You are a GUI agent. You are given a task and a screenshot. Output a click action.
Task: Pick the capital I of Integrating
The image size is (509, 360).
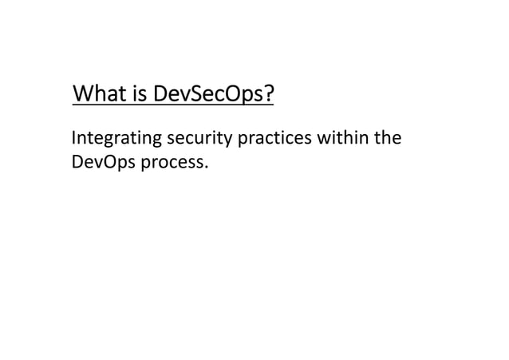click(x=74, y=140)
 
